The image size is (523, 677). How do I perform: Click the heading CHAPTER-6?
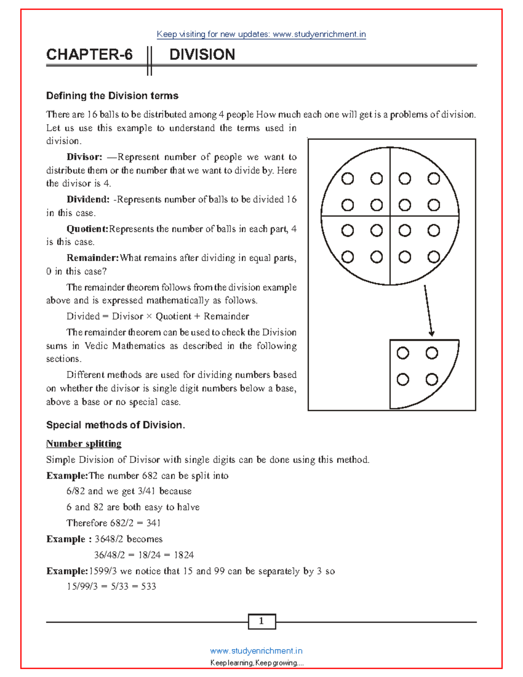89,54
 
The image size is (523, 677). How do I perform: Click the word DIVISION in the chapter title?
202,54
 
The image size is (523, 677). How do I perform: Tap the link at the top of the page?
261,34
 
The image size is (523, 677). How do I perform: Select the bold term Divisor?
84,157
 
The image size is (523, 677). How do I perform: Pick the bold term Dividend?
88,199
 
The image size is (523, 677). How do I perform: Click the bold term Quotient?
87,229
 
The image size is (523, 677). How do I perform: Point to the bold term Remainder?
92,258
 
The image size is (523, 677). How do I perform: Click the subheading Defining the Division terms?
112,95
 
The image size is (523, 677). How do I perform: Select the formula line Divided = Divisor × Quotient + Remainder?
158,316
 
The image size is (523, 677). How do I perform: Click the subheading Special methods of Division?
115,425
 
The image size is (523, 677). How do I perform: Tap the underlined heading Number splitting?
84,444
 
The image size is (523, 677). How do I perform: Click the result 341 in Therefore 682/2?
153,523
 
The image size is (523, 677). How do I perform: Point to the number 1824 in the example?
183,555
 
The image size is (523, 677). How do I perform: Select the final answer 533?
148,586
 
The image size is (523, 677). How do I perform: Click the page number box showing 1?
261,621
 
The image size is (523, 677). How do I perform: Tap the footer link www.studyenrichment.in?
256,651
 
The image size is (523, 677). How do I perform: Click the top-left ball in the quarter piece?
403,353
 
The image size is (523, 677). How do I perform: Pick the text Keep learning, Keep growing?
257,663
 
